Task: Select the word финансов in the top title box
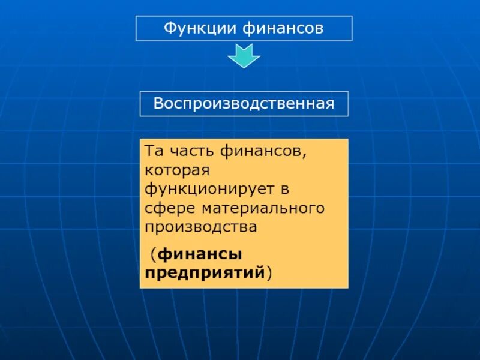(x=284, y=28)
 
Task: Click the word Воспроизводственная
(x=244, y=104)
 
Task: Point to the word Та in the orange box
(x=153, y=152)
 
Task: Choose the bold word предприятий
(x=205, y=273)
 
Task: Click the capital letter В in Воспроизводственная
(x=158, y=104)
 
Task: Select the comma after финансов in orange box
(x=304, y=155)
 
